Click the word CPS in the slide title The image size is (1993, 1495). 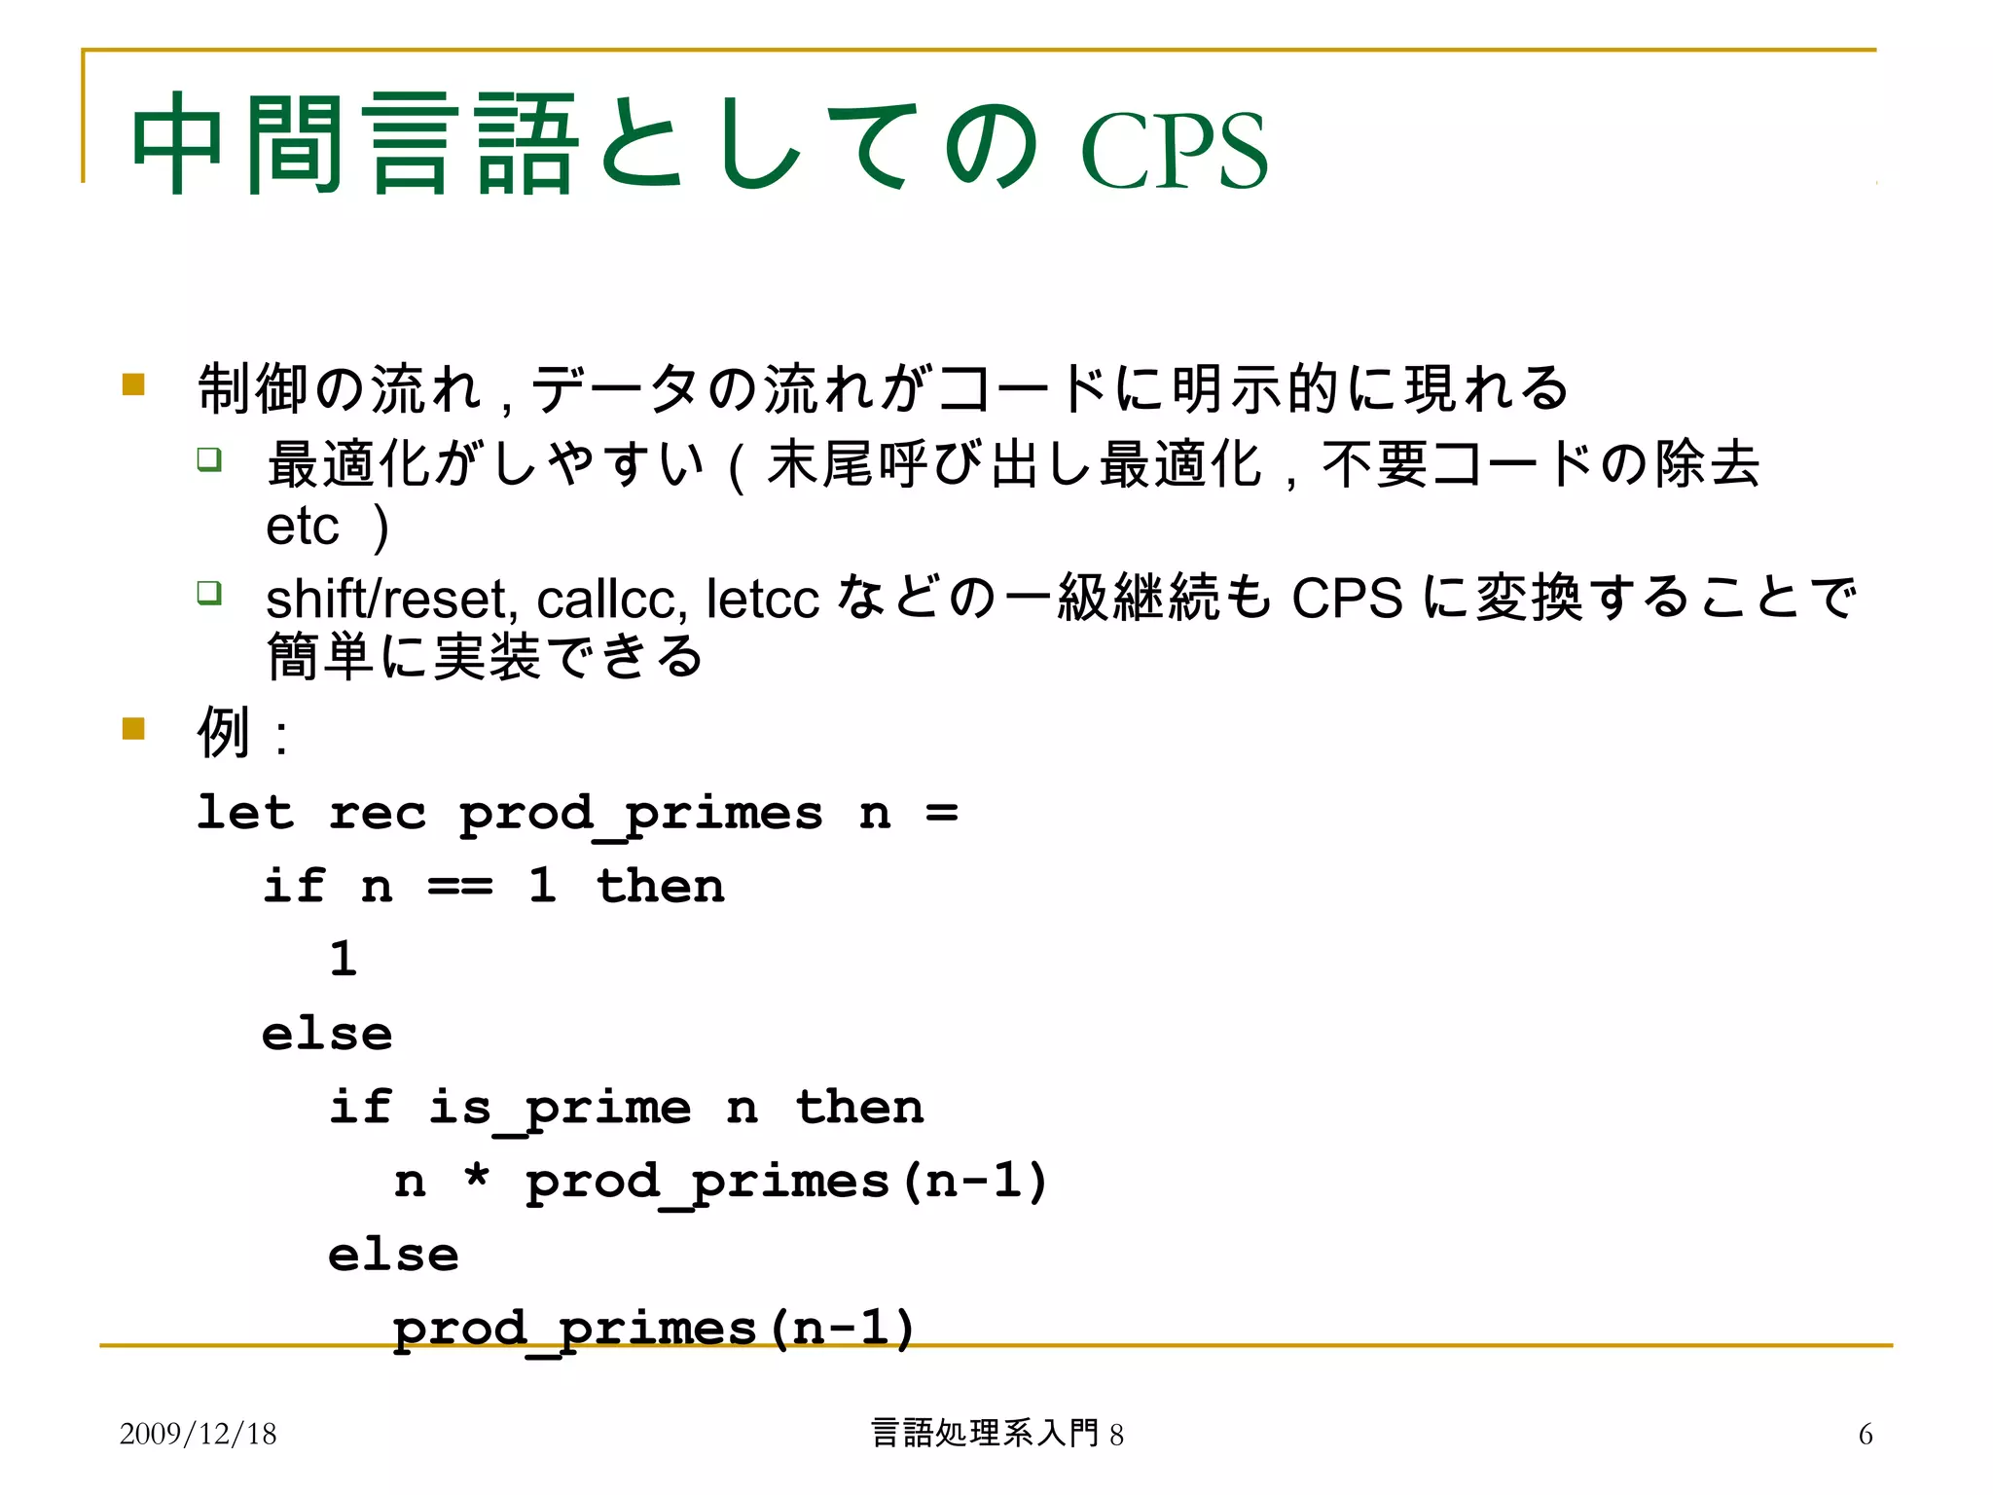(1175, 151)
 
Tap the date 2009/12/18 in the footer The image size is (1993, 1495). (198, 1434)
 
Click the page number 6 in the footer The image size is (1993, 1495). (1865, 1434)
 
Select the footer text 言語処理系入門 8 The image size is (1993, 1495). (996, 1434)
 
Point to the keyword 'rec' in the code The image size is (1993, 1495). (378, 814)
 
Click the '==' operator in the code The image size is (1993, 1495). (460, 887)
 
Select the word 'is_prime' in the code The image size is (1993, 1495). (560, 1109)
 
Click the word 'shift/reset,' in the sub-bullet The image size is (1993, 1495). (391, 599)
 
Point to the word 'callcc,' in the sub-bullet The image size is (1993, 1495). (612, 599)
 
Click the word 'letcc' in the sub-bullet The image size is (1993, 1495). (762, 599)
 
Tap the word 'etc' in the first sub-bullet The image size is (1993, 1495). (302, 528)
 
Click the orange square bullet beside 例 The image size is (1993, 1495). (133, 728)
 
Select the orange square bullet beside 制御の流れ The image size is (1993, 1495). (133, 384)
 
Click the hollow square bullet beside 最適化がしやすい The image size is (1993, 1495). (209, 458)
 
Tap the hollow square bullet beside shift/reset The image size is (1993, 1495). (209, 592)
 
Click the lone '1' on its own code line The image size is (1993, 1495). (343, 959)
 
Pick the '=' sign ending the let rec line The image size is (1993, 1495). (941, 813)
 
